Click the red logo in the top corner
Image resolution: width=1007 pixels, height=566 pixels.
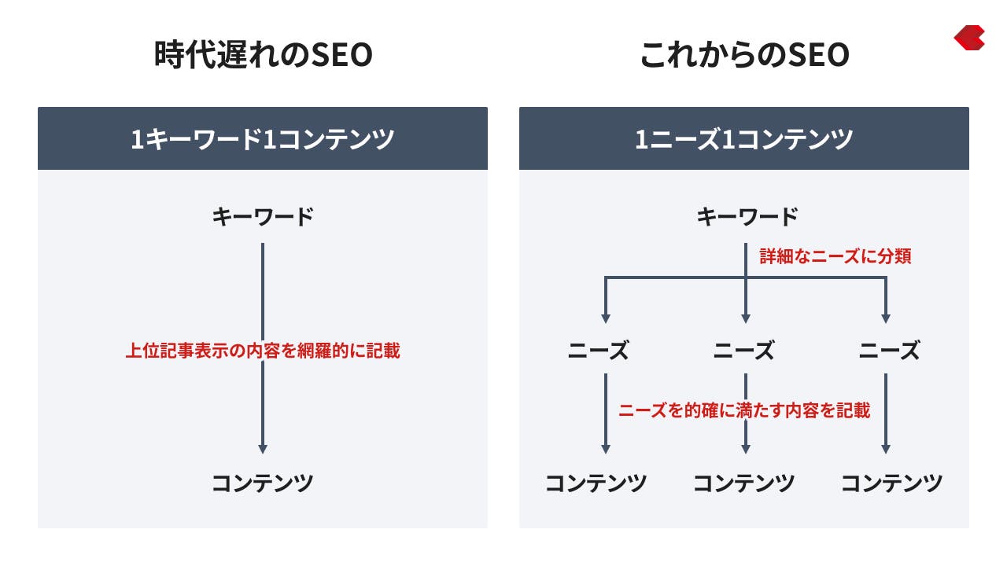(x=970, y=38)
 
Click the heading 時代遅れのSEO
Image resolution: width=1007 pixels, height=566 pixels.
(x=264, y=55)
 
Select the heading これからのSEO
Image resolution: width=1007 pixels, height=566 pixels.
(x=745, y=55)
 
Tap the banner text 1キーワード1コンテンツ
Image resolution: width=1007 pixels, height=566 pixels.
(x=263, y=139)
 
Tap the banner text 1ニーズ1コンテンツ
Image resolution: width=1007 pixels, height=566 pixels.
(x=744, y=139)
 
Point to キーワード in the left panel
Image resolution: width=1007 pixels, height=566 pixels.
(x=263, y=217)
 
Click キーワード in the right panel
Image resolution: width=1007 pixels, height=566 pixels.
(x=747, y=217)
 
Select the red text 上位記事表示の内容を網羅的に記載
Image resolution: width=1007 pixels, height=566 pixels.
(x=263, y=351)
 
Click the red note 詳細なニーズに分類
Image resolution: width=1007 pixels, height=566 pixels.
(x=835, y=256)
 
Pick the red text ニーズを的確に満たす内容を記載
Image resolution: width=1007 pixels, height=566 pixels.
(x=744, y=410)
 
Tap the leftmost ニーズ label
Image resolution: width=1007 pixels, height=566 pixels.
(x=599, y=351)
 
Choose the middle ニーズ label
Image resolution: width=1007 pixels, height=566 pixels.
(x=744, y=351)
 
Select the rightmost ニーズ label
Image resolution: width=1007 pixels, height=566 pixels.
(x=889, y=351)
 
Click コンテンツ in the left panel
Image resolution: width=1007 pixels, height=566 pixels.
(x=263, y=483)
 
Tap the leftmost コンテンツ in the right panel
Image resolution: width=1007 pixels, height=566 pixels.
(x=596, y=483)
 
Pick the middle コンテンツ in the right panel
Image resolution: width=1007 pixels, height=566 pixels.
(x=744, y=483)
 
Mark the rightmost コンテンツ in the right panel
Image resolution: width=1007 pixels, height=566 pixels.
(x=892, y=483)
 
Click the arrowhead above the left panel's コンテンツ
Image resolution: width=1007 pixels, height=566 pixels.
(x=263, y=449)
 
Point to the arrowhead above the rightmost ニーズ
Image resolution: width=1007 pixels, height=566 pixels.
(x=886, y=319)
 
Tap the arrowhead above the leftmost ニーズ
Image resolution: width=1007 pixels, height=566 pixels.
(x=606, y=319)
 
